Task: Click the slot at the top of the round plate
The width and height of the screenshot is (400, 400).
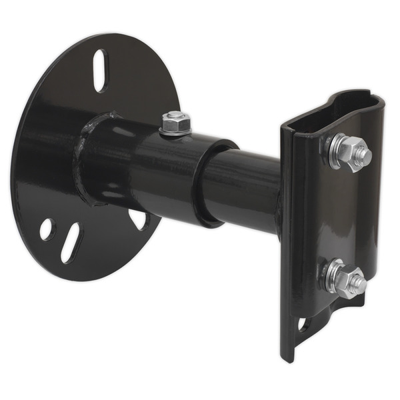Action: pos(100,70)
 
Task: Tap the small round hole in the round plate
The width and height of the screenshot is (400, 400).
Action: pos(47,229)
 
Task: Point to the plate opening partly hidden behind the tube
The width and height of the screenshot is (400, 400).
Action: pos(138,219)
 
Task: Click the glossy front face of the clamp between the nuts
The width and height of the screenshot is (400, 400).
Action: pos(333,213)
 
